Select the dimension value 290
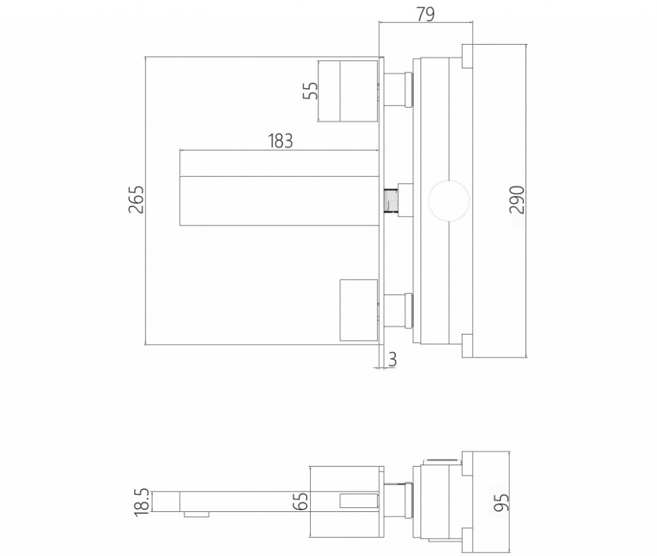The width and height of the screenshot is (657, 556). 517,200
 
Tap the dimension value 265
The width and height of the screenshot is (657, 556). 136,200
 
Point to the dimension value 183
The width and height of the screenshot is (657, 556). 280,142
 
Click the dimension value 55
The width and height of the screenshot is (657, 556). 310,90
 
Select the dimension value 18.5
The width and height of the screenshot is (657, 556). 142,502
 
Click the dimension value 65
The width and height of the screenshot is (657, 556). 302,500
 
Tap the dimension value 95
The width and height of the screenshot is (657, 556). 502,501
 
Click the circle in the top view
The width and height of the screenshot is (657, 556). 446,200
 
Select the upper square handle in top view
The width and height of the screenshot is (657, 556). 347,91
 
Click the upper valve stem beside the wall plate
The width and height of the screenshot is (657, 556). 398,90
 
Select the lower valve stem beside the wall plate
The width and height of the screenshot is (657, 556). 398,309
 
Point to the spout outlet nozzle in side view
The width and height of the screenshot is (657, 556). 197,514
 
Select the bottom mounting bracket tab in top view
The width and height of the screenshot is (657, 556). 467,345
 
